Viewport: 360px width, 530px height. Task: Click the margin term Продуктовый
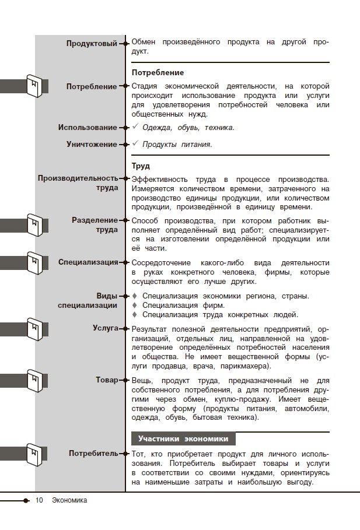[x=92, y=43]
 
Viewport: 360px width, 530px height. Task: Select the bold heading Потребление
[x=158, y=72]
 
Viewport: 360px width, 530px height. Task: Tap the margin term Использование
[x=88, y=128]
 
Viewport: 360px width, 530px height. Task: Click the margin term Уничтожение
[x=92, y=145]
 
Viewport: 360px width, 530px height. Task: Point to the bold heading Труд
[x=141, y=166]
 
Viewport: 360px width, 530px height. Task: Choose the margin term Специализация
[x=88, y=262]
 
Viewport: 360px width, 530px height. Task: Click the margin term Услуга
[x=105, y=328]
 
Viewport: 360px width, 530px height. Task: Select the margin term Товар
[x=107, y=380]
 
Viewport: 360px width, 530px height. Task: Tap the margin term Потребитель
[x=93, y=454]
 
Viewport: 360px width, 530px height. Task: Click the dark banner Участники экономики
[x=183, y=439]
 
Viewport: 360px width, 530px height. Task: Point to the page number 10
[x=39, y=500]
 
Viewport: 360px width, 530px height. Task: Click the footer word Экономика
[x=69, y=500]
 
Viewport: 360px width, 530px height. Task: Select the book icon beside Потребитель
[x=36, y=454]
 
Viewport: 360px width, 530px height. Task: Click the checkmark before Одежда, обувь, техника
[x=135, y=127]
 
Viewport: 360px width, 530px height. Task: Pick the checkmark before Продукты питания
[x=135, y=144]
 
